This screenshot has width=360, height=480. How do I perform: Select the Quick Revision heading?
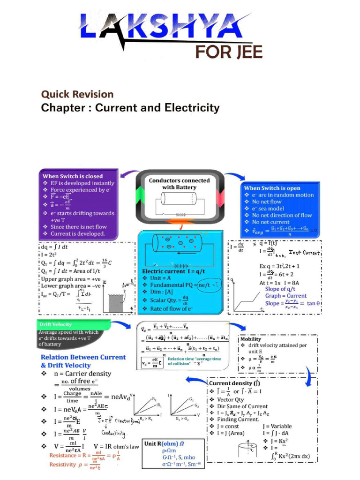pos(77,94)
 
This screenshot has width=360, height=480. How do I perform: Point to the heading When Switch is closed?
pos(73,176)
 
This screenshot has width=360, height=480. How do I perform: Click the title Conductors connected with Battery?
pos(179,183)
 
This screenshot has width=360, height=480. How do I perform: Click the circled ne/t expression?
pos(209,284)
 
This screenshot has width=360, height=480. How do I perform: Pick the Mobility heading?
pos(251,339)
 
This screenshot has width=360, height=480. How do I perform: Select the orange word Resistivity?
pos(62,465)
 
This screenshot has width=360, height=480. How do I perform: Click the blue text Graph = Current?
pos(286,296)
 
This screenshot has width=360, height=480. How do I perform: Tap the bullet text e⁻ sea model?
pos(268,209)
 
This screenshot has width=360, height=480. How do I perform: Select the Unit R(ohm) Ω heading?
pos(165,443)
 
